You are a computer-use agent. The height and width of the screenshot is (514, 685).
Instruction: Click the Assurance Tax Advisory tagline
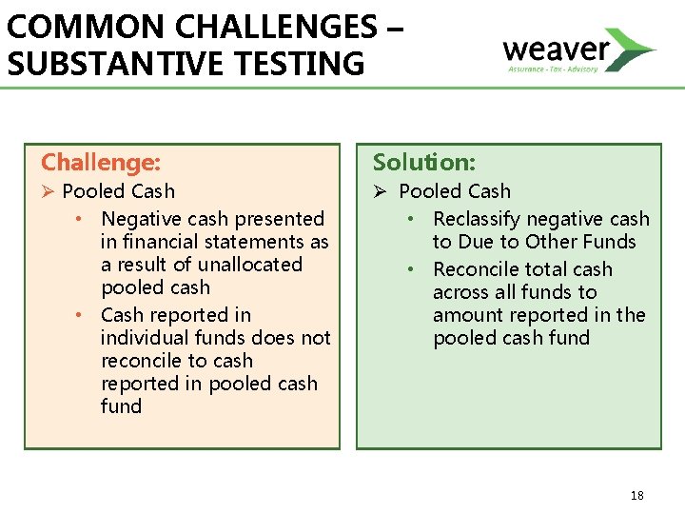tap(552, 69)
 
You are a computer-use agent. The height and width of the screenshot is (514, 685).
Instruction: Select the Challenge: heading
tap(101, 163)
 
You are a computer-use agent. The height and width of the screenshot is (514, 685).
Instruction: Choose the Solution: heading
tap(424, 163)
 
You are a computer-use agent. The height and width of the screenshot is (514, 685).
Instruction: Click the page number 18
tap(636, 495)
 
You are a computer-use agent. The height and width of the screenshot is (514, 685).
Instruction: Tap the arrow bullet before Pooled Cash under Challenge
tap(49, 192)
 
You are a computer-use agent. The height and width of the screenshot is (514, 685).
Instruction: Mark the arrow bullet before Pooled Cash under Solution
tap(381, 192)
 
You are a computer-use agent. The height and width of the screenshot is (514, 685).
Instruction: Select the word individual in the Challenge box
tap(143, 338)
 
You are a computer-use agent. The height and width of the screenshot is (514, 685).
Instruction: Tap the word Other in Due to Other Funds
tap(550, 242)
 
